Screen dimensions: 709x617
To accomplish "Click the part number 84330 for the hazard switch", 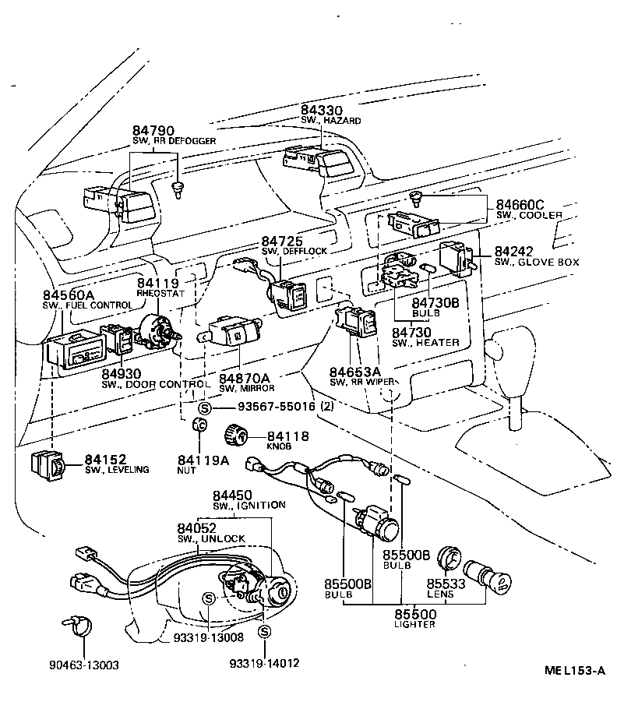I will pyautogui.click(x=321, y=111).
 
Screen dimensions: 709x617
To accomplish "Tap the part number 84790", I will pyautogui.click(x=153, y=129).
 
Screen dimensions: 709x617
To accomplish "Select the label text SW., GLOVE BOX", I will pyautogui.click(x=537, y=263).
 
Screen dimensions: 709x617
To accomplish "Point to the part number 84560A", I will pyautogui.click(x=68, y=295).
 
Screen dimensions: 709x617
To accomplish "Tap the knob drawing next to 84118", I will pyautogui.click(x=234, y=434).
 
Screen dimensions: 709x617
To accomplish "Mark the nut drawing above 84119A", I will pyautogui.click(x=198, y=425).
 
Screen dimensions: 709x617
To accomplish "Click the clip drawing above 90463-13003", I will pyautogui.click(x=76, y=624).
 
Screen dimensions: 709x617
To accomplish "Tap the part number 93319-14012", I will pyautogui.click(x=264, y=663).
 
